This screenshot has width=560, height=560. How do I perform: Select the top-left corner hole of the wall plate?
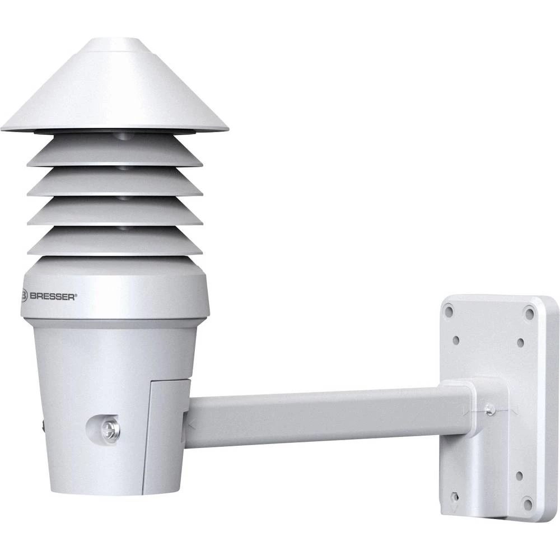(450, 310)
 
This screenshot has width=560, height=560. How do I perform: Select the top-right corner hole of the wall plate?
(529, 311)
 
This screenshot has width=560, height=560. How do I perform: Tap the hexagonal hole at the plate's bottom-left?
(455, 496)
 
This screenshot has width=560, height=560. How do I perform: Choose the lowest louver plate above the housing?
(115, 242)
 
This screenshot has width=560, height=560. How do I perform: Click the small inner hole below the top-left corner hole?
(456, 340)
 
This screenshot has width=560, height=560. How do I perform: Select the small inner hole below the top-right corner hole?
(520, 341)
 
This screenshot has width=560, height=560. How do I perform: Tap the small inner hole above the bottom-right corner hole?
(519, 475)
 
